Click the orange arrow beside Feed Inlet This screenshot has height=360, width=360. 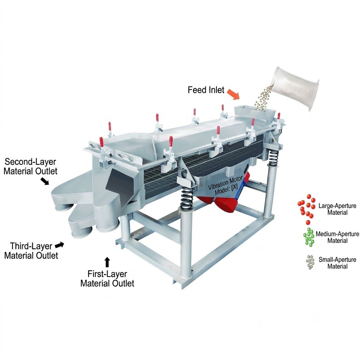click(x=233, y=94)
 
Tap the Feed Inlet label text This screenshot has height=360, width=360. click(x=206, y=90)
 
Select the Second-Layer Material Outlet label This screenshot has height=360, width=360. click(x=30, y=166)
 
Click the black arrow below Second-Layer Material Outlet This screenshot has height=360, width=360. click(x=45, y=181)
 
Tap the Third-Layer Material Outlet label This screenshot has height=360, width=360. click(x=31, y=251)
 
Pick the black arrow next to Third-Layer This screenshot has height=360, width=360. click(x=60, y=245)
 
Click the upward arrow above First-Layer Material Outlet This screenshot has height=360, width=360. click(x=107, y=262)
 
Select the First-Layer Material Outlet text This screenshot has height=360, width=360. click(x=107, y=278)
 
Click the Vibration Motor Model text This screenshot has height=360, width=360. click(x=225, y=186)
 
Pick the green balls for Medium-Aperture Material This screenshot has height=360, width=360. click(x=309, y=237)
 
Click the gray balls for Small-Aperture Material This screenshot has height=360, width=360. click(x=310, y=262)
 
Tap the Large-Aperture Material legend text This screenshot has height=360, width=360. click(x=337, y=209)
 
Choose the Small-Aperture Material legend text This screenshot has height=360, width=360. click(x=337, y=263)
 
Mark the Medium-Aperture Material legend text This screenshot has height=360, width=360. click(x=337, y=237)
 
